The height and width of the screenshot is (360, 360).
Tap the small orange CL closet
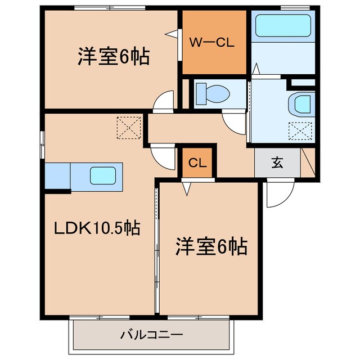(x=196, y=163)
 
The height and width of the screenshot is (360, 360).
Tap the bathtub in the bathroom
(x=283, y=26)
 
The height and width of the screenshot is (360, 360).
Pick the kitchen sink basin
(x=105, y=175)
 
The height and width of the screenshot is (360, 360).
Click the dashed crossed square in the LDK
(x=129, y=128)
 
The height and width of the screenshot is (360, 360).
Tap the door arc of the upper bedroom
(x=164, y=102)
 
